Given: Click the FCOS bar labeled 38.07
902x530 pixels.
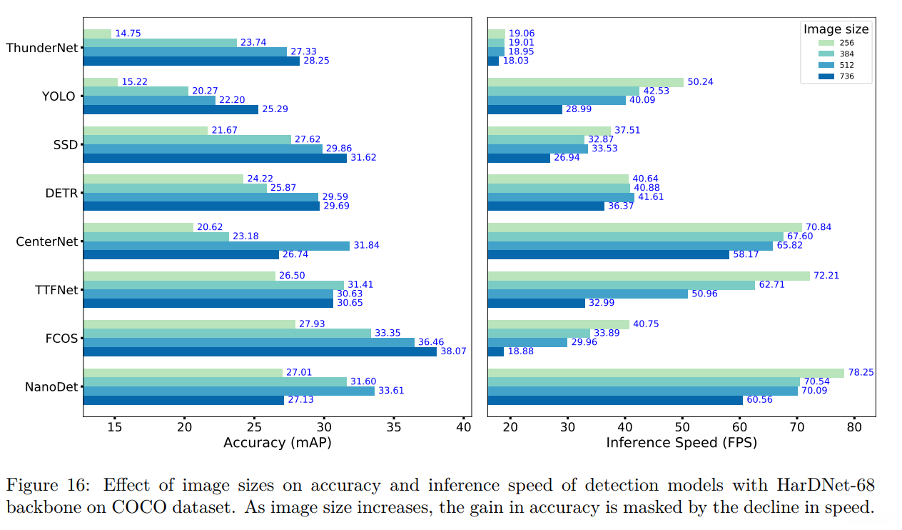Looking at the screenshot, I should pos(260,351).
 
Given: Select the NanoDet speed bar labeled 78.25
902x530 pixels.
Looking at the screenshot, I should pos(666,373).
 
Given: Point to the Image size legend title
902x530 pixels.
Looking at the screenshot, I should pos(836,29).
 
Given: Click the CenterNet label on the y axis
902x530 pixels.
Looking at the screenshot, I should pos(46,241).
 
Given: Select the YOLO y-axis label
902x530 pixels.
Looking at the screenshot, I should pos(59,96).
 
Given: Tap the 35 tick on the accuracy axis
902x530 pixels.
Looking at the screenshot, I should pos(393,427).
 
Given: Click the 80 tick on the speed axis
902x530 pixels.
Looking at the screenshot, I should pos(853,427).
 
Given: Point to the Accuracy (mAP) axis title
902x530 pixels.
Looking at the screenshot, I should pos(277,443).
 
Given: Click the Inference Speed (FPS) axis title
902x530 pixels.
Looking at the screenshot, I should pos(681,443).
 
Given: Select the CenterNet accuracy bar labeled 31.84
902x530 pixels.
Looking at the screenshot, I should pos(216,246).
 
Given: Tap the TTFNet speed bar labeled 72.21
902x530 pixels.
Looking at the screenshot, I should pos(649,276).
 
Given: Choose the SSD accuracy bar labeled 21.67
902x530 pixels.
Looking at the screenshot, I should pos(146,130).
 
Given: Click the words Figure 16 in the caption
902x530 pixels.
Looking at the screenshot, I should pos(49,486).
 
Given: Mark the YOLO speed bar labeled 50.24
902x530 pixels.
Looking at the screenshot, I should pos(586,82).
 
